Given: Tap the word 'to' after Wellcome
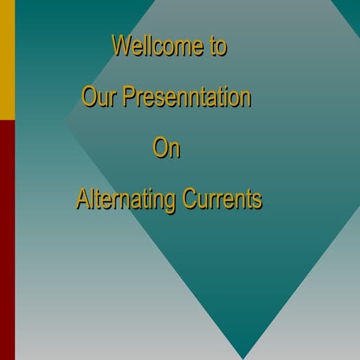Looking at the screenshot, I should point(217,46).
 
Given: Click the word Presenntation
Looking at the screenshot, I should point(187,97).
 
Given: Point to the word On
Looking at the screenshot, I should point(166,148).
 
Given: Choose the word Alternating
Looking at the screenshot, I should point(125,200).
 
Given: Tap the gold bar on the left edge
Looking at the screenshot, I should point(7,60).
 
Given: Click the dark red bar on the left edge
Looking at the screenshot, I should point(7,240).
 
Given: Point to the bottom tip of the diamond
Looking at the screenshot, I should point(242,358).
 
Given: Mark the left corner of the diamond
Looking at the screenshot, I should point(66,120).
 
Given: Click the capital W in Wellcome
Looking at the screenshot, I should point(121,46).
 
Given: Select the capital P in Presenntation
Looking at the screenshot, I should point(128,97).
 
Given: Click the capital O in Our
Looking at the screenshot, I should point(88,97).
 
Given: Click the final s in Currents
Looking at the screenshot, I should point(257,201).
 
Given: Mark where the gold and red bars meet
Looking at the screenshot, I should point(7,120).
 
